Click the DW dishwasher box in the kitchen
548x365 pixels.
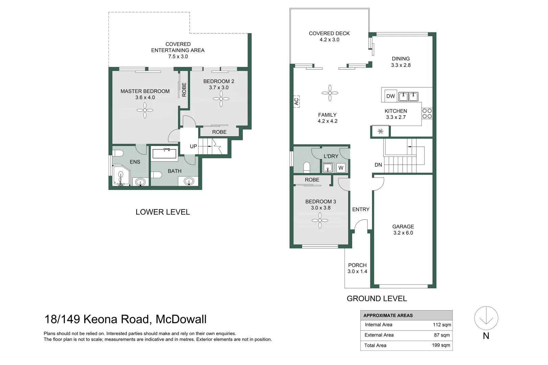coord(390,96)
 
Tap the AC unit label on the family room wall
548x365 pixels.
coord(297,101)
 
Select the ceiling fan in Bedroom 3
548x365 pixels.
coord(320,220)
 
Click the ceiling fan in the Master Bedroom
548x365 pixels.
coord(145,110)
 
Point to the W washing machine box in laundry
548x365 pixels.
coord(341,168)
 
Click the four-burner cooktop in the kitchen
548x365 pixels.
coord(427,114)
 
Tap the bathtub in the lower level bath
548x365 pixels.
coord(164,154)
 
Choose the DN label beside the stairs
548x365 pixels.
coord(378,165)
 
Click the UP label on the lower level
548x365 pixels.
coord(193,146)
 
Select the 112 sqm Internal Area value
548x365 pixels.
coord(442,325)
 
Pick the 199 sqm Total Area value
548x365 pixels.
coord(441,345)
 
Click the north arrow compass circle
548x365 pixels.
coord(486,318)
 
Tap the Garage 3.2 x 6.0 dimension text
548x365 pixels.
coord(403,233)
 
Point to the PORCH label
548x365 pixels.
coord(358,265)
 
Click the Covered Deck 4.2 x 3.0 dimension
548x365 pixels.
coord(329,40)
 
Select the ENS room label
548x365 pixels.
coord(135,162)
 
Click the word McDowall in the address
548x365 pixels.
coord(181,319)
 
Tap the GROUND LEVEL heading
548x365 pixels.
coord(377,298)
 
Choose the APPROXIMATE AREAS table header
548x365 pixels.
coord(388,315)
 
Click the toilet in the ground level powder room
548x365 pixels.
coord(307,167)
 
